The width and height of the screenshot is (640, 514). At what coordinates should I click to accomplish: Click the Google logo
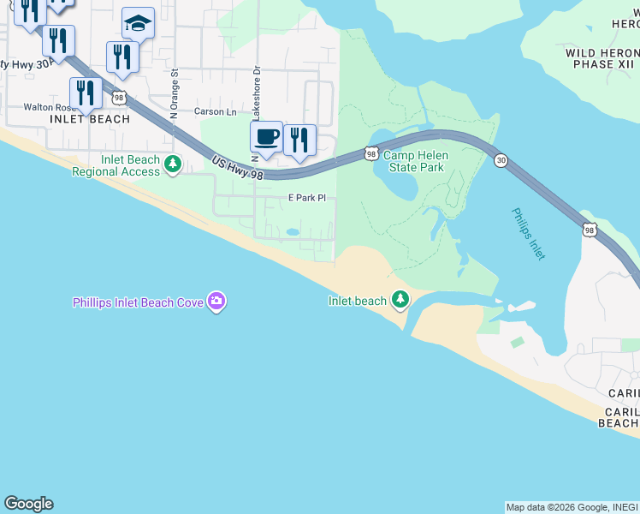coord(28,504)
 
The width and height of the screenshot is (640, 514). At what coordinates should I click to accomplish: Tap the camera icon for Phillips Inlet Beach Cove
coord(216,301)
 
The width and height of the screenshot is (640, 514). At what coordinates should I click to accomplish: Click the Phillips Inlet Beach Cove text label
coord(138,302)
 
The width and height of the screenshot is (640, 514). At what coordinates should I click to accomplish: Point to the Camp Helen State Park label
coord(413,161)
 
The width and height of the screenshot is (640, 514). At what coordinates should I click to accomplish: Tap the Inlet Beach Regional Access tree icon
coord(172,163)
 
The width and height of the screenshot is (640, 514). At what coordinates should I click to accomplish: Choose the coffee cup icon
coord(266,136)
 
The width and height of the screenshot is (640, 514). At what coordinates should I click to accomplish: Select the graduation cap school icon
coord(138,23)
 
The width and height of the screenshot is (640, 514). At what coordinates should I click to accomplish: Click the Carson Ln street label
coord(215,111)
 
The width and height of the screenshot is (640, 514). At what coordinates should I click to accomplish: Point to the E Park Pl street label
coord(306,198)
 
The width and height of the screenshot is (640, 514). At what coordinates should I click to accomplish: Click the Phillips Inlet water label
coord(529,233)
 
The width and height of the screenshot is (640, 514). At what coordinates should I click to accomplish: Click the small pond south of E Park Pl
coord(293,231)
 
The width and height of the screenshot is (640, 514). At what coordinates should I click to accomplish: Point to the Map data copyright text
coord(572,507)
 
